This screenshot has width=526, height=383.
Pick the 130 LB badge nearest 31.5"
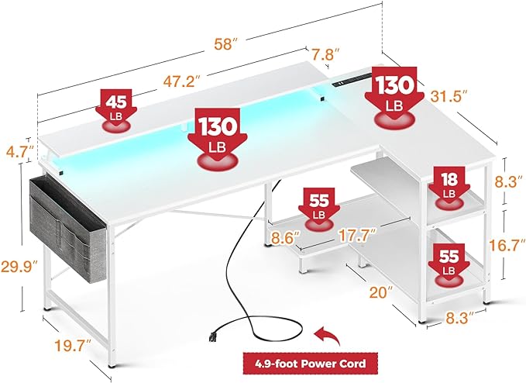click(x=395, y=91)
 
